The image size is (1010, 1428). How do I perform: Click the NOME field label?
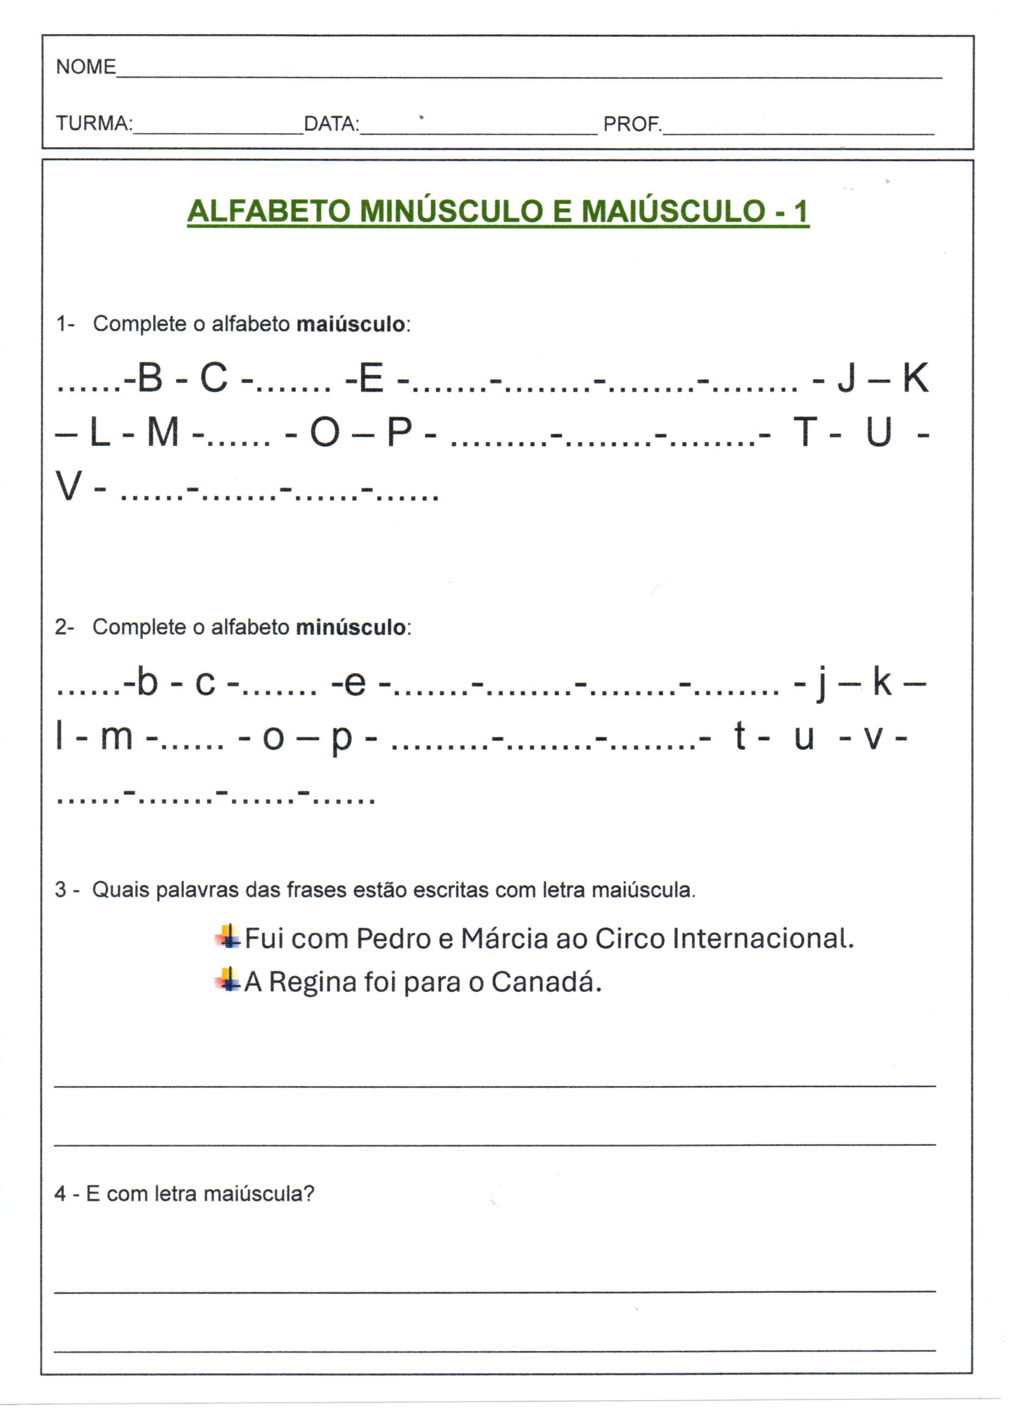pos(86,67)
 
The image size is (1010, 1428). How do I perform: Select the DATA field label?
pos(331,124)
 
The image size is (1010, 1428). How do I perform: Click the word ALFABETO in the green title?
pos(269,211)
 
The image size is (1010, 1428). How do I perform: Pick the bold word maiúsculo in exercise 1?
pos(351,324)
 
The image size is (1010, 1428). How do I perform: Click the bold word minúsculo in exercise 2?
pos(351,627)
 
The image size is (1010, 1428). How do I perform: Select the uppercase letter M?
pos(163,432)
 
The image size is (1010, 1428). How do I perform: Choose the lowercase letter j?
pos(822,684)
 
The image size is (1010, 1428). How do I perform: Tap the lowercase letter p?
pos(341,740)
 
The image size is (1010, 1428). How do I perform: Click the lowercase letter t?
pos(740,737)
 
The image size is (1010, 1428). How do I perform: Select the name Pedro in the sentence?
pos(393,939)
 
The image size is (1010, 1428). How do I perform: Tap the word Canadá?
pos(546,982)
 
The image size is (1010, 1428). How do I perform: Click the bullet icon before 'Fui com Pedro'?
pos(228,937)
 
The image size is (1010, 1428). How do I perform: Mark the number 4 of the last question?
pos(60,1193)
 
